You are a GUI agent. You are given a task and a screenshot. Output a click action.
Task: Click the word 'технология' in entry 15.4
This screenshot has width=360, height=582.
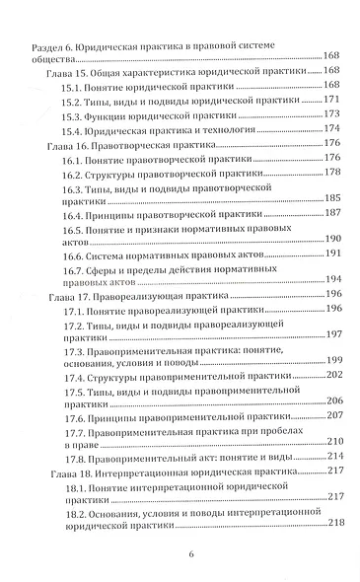tap(221, 129)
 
